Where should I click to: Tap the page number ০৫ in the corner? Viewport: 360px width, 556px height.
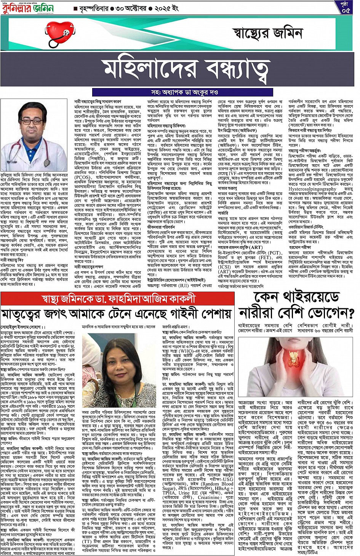tap(346, 8)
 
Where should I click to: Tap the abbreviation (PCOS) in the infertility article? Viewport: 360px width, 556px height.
tap(83, 177)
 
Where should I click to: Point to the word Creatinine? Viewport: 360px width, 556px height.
tap(209, 497)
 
